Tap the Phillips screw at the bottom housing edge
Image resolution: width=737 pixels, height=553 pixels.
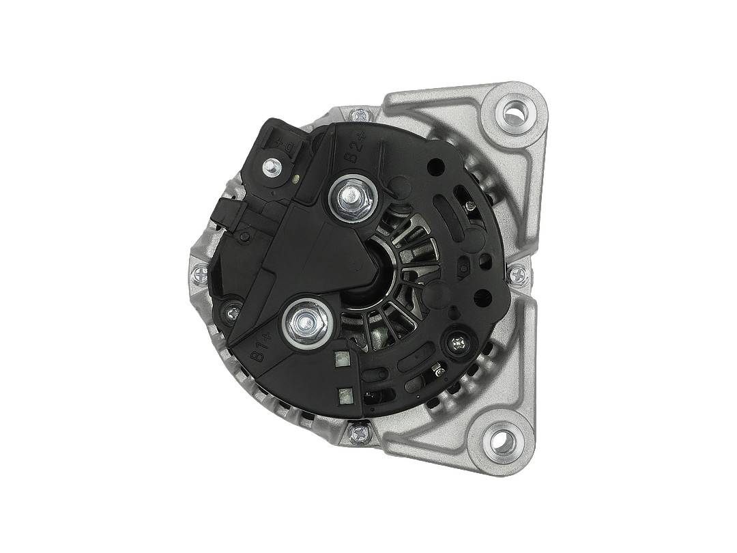click(359, 432)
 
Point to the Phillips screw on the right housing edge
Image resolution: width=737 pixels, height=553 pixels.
click(519, 274)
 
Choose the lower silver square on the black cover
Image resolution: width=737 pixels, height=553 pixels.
click(345, 394)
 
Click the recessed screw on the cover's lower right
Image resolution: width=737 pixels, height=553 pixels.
click(456, 343)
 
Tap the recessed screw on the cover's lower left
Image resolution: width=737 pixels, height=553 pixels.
click(233, 312)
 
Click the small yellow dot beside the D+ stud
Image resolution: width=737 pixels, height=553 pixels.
click(296, 180)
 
